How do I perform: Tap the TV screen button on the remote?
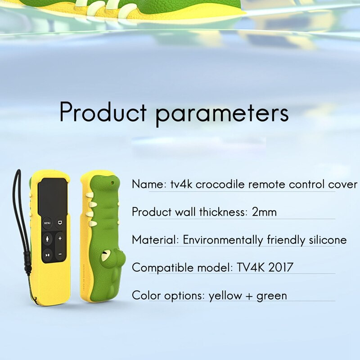coord(59,222)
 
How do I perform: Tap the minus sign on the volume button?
coord(60,255)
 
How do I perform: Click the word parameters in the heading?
coord(222,113)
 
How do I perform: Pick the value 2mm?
coord(264,212)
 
